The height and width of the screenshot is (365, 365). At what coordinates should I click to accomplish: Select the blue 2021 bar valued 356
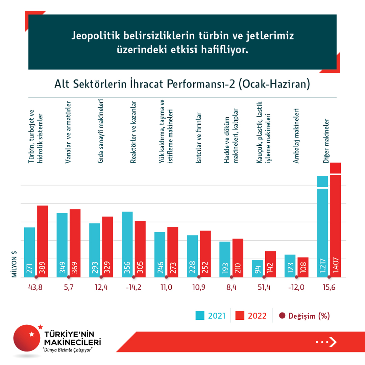coord(127,244)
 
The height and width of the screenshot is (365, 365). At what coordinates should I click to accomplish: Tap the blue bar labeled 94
coord(257,268)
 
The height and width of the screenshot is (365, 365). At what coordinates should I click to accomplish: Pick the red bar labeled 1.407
coord(336,220)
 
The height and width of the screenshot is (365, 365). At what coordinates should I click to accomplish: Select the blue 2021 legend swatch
coord(200,316)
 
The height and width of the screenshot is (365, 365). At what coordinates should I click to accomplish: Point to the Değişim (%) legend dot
coord(282,316)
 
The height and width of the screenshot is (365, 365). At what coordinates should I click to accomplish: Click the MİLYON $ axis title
coord(15,265)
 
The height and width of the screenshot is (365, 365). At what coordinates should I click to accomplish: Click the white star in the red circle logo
coord(32,334)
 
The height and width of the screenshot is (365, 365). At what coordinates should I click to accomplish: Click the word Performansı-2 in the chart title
coord(201,84)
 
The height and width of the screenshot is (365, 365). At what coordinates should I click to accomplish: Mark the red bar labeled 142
coord(270,264)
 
